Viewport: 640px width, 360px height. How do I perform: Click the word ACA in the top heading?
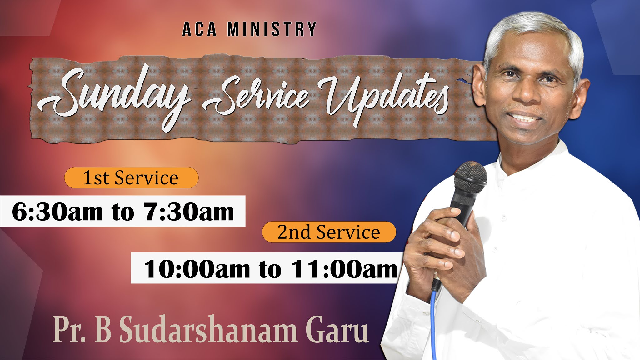(199, 29)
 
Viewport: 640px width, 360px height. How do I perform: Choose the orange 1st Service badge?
(131, 178)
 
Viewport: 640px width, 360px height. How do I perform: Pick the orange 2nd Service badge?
(329, 232)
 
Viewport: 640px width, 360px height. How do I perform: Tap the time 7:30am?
(189, 212)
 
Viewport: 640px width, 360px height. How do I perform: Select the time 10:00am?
(197, 269)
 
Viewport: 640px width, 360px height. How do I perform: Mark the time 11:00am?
(344, 269)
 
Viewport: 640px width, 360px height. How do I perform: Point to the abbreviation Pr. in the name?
(69, 331)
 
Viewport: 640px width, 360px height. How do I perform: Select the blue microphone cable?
(433, 322)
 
